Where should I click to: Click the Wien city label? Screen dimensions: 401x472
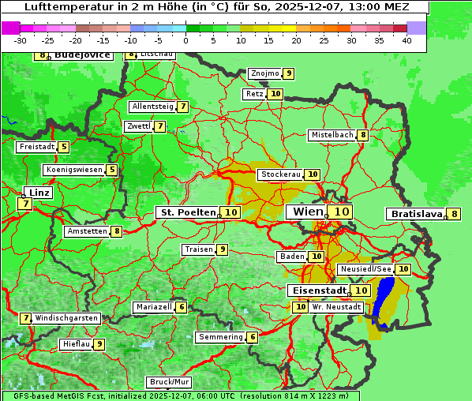pos(308,212)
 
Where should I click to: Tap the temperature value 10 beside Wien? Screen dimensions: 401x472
pos(341,212)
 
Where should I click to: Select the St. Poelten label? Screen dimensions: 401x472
pos(188,212)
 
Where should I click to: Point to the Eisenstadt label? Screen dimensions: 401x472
pos(317,290)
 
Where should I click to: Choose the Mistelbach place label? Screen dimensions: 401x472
pos(332,135)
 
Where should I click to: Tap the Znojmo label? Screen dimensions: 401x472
pos(264,73)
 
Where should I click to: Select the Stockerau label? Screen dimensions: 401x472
pos(280,174)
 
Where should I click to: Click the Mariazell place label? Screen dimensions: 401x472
pos(154,307)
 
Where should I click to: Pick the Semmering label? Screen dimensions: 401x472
pos(221,337)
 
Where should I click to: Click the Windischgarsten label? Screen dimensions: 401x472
pos(66,318)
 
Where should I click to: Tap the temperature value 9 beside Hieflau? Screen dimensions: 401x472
pos(99,344)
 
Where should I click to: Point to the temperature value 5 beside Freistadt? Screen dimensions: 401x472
pos(64,147)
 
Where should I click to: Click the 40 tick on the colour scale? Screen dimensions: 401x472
pos(406,40)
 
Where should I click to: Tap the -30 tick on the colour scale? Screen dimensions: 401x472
pos(21,40)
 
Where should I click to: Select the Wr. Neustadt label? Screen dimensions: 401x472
pos(336,307)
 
